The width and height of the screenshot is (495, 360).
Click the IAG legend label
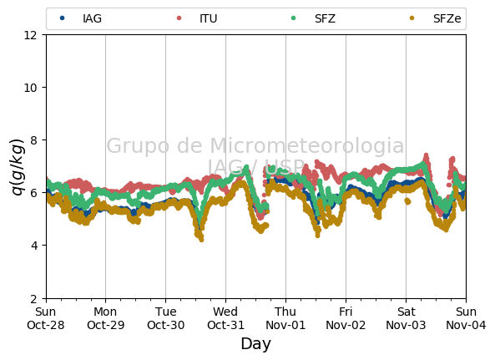[92, 18]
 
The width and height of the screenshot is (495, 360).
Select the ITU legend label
[209, 18]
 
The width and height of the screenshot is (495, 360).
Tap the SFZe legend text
[447, 18]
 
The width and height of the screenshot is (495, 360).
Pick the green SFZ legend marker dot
[293, 18]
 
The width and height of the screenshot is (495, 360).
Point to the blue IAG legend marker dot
[63, 18]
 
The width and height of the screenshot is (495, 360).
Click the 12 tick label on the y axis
[30, 35]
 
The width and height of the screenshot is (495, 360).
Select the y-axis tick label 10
[30, 88]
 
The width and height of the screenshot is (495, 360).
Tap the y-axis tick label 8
[33, 140]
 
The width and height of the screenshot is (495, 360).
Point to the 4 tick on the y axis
[33, 246]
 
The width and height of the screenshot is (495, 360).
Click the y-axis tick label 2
[33, 298]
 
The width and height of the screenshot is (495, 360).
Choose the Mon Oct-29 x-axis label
[105, 318]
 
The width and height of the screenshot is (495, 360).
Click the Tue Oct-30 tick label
[166, 318]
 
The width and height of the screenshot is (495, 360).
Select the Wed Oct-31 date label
[225, 318]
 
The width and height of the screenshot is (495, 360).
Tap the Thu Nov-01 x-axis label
[285, 318]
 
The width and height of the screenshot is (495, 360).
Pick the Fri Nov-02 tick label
[346, 318]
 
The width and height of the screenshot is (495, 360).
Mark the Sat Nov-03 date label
[406, 318]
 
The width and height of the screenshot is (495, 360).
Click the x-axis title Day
[255, 344]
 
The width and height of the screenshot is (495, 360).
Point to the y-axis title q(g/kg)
[18, 167]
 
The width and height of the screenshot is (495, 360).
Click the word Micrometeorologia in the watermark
[306, 145]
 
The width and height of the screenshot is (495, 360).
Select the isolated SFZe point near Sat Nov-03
[407, 200]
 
